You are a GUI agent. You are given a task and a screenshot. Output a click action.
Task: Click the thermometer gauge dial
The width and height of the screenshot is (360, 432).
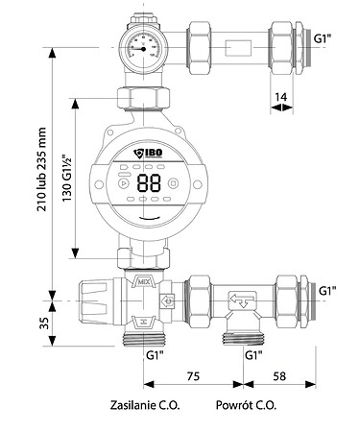(143, 48)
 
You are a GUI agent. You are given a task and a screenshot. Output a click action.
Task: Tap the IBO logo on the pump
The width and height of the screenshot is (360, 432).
(148, 154)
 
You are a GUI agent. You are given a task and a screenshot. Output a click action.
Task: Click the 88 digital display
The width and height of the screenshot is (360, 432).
(149, 183)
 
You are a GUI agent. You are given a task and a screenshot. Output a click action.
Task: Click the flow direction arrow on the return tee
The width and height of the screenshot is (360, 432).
(242, 300)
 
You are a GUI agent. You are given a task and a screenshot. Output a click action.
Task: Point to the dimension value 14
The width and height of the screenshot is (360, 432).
(281, 97)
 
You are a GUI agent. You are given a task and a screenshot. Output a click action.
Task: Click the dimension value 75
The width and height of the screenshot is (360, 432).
(193, 376)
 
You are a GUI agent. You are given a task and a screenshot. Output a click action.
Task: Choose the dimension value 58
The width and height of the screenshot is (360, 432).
(279, 376)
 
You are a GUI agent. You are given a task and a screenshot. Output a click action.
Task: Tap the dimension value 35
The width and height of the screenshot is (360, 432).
(44, 324)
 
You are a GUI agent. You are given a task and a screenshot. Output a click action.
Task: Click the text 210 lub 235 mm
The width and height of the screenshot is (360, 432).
(41, 169)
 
